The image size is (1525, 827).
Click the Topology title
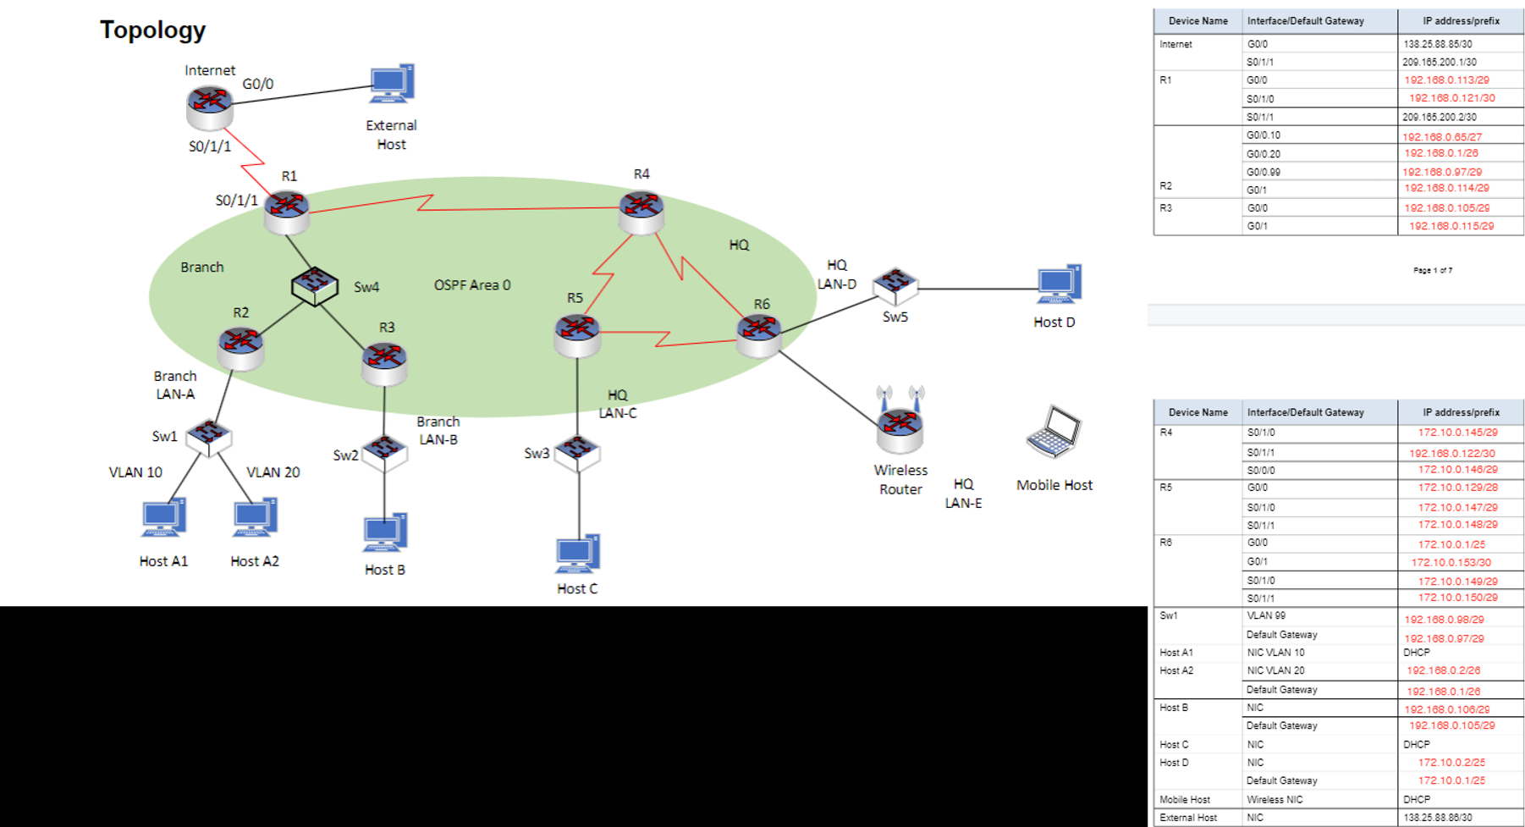[152, 30]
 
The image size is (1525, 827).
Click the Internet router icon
[210, 105]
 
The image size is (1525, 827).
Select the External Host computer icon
[392, 85]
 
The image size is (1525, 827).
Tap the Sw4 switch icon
[315, 286]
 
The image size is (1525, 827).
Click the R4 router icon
[641, 209]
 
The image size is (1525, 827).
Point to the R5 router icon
[577, 333]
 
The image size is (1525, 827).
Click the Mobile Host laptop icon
[1054, 433]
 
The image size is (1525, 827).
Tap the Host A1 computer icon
[163, 518]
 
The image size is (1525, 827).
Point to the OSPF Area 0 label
[472, 285]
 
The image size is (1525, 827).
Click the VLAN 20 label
[273, 472]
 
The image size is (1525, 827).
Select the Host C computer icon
[578, 554]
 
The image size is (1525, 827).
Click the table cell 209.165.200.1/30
[1439, 62]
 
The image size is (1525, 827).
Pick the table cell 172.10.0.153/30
[1451, 562]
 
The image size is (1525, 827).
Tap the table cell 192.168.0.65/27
[1441, 136]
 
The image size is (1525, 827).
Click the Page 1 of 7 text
[1432, 271]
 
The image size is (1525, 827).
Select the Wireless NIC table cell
[1275, 799]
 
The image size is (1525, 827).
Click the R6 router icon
[758, 333]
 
